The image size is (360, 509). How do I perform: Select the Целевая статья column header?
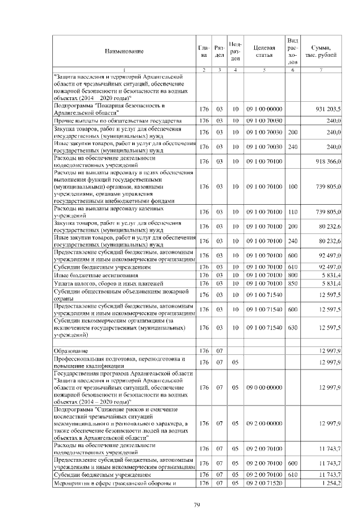click(264, 51)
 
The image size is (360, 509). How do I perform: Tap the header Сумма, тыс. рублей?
click(321, 51)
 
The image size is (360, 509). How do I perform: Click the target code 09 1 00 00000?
click(264, 108)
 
